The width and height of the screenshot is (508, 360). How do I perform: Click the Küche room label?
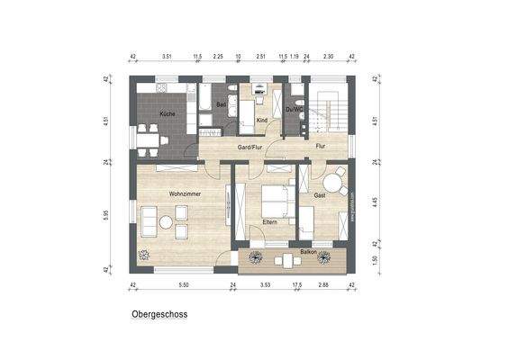click(168, 114)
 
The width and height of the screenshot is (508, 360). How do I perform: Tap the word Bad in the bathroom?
click(221, 104)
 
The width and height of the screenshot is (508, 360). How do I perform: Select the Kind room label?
click(262, 119)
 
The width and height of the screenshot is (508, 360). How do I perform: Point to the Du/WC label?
click(294, 111)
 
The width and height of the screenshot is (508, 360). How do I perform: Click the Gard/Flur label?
click(249, 145)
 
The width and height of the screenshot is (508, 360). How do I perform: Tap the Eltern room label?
click(269, 220)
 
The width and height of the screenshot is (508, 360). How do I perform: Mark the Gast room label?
click(319, 194)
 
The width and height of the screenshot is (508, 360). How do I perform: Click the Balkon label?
click(308, 252)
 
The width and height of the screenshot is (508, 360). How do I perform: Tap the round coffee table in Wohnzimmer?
click(166, 222)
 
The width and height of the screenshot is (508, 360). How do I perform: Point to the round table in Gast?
click(333, 184)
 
